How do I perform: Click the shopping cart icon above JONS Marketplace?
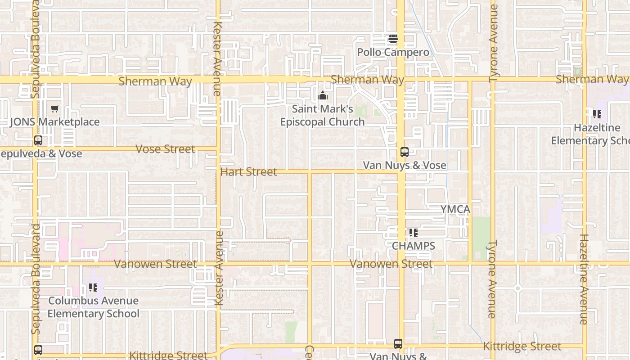click(x=55, y=108)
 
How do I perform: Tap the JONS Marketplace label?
click(x=54, y=122)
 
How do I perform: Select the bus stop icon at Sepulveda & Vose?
click(x=38, y=140)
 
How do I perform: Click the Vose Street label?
click(x=165, y=149)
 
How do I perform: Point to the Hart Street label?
click(x=248, y=172)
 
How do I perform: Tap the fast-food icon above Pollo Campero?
click(x=393, y=39)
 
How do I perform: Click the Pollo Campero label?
click(x=393, y=53)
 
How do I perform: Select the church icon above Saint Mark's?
click(x=323, y=95)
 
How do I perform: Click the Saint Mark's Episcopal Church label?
click(x=322, y=115)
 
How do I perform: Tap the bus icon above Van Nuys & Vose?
click(x=405, y=152)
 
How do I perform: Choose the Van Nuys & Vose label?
click(x=405, y=166)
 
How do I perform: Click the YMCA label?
click(x=455, y=209)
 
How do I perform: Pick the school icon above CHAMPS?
click(x=413, y=233)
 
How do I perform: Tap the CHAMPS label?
click(x=413, y=246)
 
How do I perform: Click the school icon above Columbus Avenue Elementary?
click(x=93, y=287)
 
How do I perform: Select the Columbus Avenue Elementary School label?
click(x=93, y=307)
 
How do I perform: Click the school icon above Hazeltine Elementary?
click(x=597, y=114)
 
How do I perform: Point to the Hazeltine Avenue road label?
click(x=584, y=279)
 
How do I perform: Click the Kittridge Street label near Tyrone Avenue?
click(x=522, y=346)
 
